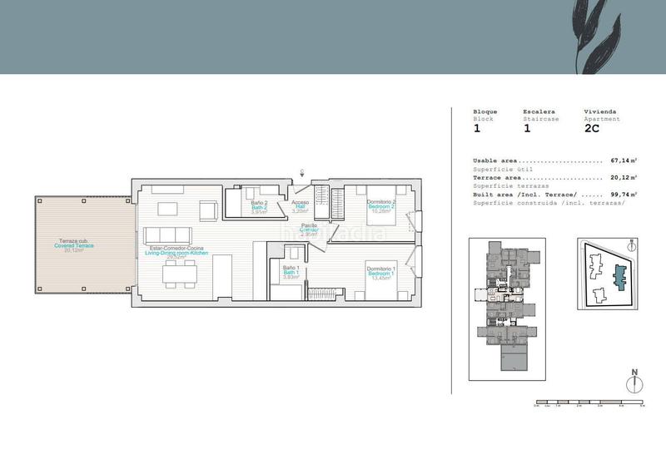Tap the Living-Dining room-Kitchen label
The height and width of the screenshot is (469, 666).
click(175, 252)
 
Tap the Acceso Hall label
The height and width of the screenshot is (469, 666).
click(300, 205)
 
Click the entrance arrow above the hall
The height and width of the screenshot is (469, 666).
click(303, 174)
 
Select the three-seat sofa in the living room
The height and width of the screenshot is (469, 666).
click(166, 234)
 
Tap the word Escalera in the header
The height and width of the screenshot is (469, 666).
click(539, 111)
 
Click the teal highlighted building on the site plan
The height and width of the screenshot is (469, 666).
click(618, 276)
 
